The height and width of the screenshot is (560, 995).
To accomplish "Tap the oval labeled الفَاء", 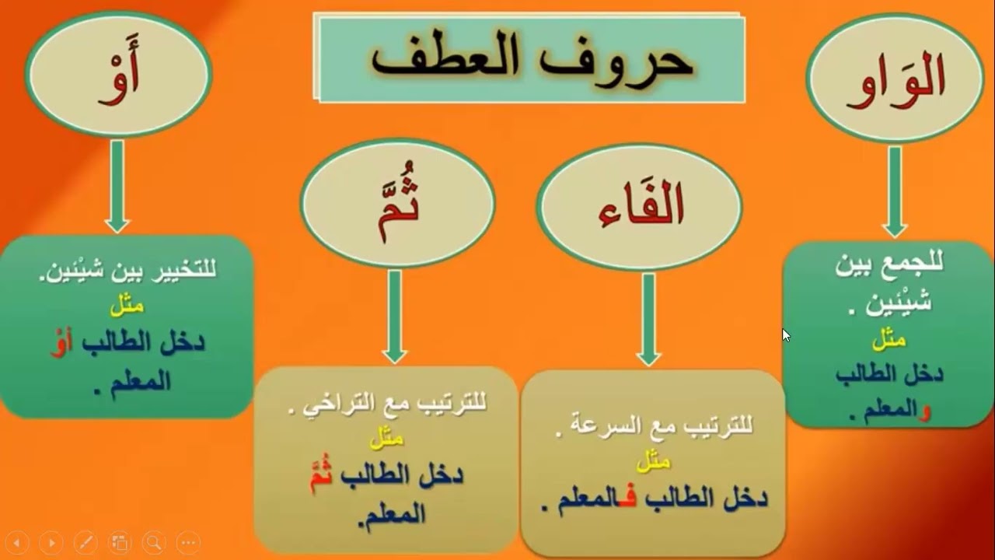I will point(639,207).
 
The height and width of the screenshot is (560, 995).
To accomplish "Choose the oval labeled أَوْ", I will point(118,75).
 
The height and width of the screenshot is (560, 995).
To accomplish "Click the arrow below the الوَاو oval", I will point(895,191).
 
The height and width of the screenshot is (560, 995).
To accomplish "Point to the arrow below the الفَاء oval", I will point(648,319).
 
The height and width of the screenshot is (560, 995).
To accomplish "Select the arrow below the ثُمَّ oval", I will point(395,316).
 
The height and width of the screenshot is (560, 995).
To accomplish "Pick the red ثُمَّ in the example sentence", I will point(321,475).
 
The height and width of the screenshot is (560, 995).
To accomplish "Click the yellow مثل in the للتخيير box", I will point(127,306).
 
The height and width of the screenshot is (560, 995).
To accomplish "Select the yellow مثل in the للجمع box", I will point(889,339).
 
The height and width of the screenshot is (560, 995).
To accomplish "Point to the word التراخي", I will point(336,404).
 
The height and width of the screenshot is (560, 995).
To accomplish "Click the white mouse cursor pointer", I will point(786,335).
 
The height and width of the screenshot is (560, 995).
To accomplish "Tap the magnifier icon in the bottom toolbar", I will point(154,542).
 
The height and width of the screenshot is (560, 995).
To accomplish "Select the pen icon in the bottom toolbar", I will point(85,542).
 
